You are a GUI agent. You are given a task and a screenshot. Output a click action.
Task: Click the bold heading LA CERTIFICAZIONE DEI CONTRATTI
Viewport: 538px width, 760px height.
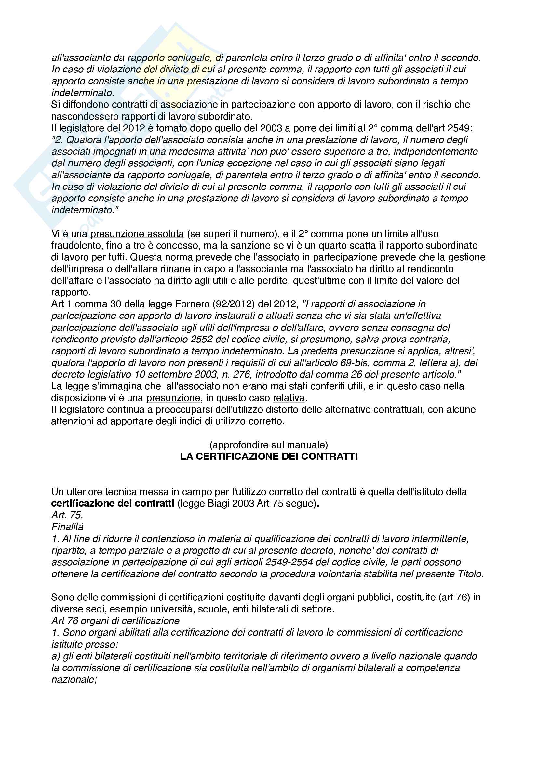click(269, 457)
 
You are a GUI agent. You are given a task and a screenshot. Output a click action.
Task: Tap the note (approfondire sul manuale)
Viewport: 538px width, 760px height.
click(269, 444)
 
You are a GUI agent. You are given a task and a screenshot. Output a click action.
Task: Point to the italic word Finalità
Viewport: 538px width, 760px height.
click(68, 527)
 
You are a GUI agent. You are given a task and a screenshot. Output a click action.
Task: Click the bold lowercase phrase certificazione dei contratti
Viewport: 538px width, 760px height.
click(113, 503)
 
